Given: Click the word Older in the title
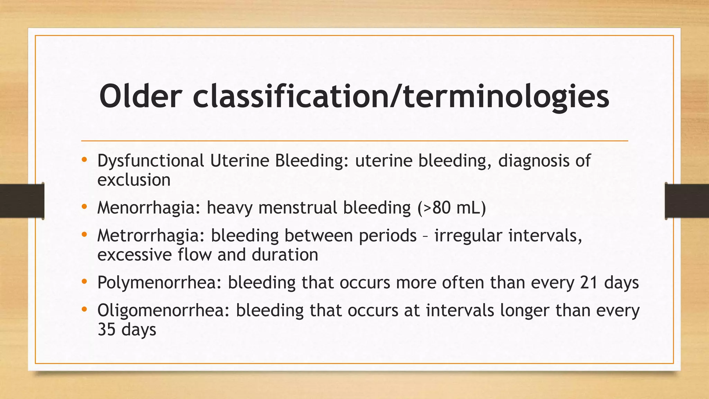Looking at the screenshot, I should coord(140,96).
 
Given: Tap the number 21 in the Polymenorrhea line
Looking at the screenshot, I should coord(589,283).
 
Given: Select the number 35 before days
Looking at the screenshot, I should coord(106,329).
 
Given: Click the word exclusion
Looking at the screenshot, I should coord(134,180).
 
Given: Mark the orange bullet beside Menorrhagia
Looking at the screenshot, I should coord(84,207).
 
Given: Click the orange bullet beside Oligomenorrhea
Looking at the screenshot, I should coord(84,310).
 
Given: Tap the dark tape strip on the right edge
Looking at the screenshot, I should coord(687,201).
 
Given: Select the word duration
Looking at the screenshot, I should coord(285,255).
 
